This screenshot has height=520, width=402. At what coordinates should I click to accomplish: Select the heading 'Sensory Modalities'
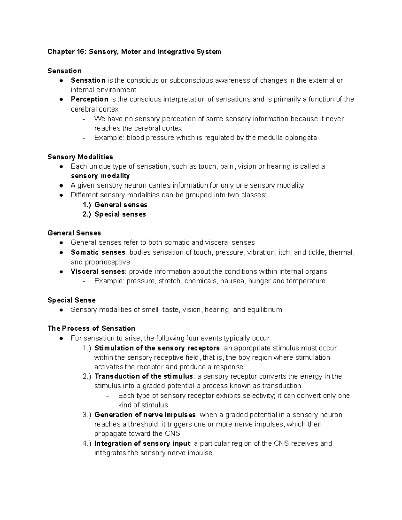pyautogui.click(x=80, y=157)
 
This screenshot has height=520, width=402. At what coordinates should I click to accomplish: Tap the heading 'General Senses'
pyautogui.click(x=74, y=233)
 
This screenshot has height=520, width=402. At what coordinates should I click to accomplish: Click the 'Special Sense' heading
pyautogui.click(x=71, y=300)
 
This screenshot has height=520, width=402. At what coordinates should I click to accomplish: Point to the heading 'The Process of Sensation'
pyautogui.click(x=91, y=328)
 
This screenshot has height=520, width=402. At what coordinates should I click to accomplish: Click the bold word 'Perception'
pyautogui.click(x=89, y=99)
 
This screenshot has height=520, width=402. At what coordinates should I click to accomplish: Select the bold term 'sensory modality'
pyautogui.click(x=100, y=176)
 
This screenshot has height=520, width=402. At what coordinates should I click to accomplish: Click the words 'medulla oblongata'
pyautogui.click(x=287, y=138)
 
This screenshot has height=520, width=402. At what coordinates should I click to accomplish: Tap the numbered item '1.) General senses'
pyautogui.click(x=115, y=205)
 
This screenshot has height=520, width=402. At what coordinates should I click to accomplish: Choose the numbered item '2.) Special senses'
pyautogui.click(x=114, y=214)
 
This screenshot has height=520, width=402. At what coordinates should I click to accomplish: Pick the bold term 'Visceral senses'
pyautogui.click(x=97, y=272)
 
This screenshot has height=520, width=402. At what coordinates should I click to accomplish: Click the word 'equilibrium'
pyautogui.click(x=264, y=310)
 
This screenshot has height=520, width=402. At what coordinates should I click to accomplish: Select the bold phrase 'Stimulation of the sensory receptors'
pyautogui.click(x=157, y=348)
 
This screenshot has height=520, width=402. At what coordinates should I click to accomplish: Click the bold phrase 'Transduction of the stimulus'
pyautogui.click(x=144, y=376)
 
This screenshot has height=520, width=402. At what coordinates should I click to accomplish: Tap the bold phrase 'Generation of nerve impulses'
pyautogui.click(x=145, y=415)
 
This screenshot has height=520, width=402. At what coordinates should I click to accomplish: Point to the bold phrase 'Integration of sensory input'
pyautogui.click(x=142, y=444)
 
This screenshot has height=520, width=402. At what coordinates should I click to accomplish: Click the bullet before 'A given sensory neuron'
pyautogui.click(x=61, y=186)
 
